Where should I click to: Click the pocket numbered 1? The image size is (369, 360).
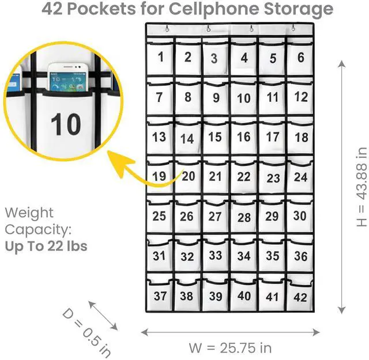pyautogui.click(x=160, y=56)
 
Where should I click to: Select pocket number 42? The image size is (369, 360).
pyautogui.click(x=300, y=297)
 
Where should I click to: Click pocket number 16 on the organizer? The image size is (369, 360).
pyautogui.click(x=244, y=137)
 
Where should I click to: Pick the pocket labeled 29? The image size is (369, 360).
pyautogui.click(x=272, y=217)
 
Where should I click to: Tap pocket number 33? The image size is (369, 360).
pyautogui.click(x=215, y=255)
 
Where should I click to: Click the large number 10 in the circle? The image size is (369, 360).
pyautogui.click(x=66, y=124)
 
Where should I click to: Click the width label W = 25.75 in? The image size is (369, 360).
pyautogui.click(x=230, y=348)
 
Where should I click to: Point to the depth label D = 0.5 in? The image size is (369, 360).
pyautogui.click(x=87, y=333)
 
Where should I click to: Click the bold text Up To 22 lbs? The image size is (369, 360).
pyautogui.click(x=46, y=246)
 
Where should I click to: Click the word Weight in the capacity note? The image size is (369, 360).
pyautogui.click(x=29, y=213)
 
